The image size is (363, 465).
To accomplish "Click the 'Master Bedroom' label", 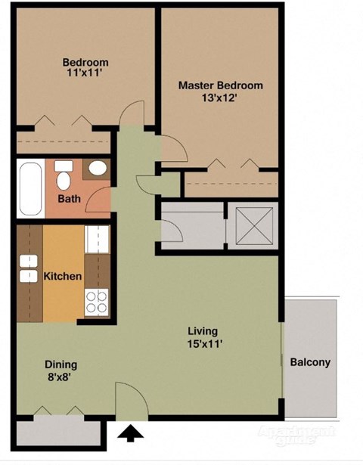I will click(x=220, y=85).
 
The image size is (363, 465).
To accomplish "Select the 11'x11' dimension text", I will click(x=85, y=73).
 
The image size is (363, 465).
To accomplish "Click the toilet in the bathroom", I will click(x=64, y=175).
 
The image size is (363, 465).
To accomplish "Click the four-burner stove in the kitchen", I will click(x=97, y=302).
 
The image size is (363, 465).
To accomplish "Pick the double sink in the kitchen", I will click(x=28, y=268).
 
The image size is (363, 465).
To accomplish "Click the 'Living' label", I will click(x=203, y=330).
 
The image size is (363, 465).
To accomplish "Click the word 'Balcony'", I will click(x=310, y=362).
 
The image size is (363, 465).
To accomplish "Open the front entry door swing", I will click(x=129, y=398).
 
